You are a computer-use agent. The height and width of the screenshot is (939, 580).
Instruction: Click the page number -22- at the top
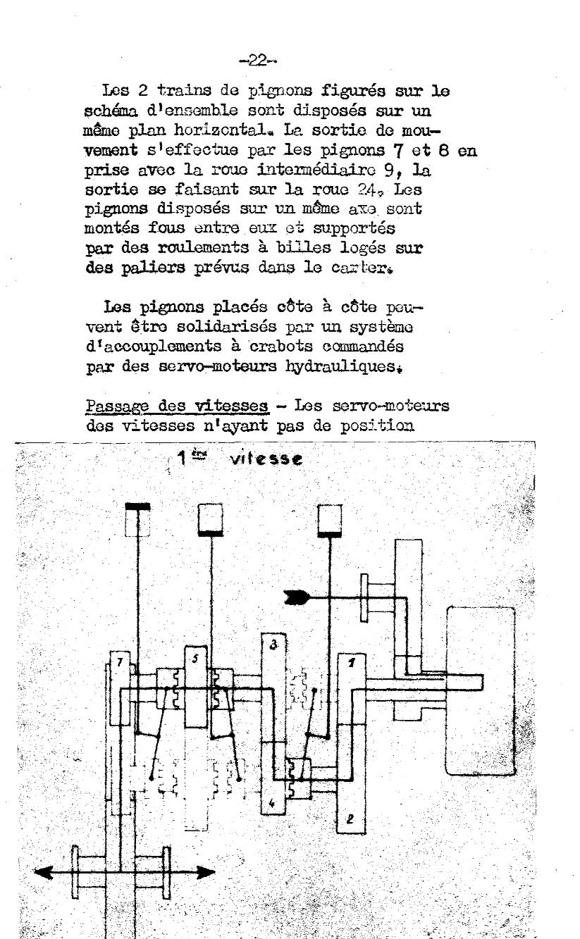(x=257, y=61)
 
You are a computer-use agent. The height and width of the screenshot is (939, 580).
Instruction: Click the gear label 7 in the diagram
(x=120, y=663)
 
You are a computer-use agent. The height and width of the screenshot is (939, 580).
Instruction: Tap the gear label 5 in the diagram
(x=195, y=658)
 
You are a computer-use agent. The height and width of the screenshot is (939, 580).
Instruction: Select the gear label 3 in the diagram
(x=273, y=645)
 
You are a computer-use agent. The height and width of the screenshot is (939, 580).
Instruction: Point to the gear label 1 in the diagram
(x=352, y=663)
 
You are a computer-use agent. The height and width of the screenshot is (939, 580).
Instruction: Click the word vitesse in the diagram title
(x=266, y=459)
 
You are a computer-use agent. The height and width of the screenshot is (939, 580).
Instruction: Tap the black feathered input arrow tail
(x=296, y=597)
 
